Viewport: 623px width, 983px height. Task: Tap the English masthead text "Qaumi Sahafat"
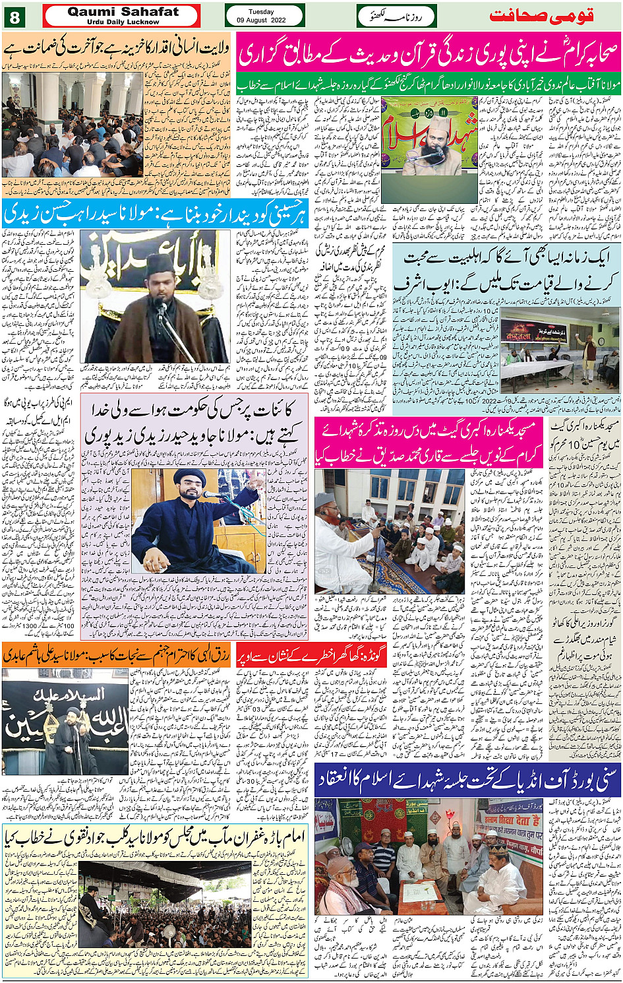click(123, 12)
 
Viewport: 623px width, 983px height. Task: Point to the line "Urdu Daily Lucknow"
click(123, 22)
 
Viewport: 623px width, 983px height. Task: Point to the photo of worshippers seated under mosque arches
click(72, 125)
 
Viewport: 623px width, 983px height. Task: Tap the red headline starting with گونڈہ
click(311, 656)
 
